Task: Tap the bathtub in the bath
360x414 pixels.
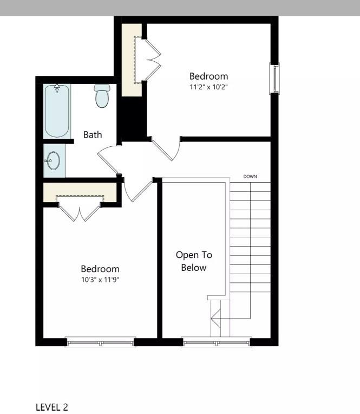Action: (x=57, y=111)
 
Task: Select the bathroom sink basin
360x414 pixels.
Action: (x=53, y=161)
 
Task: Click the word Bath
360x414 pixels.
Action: (x=93, y=135)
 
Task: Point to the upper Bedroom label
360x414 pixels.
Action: (x=208, y=76)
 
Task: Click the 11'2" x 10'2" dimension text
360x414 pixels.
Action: (x=208, y=86)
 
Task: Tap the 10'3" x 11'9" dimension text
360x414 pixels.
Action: (x=100, y=279)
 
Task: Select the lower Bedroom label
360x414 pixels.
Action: (x=100, y=269)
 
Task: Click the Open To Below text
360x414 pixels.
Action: (x=194, y=261)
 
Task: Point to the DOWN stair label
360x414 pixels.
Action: (x=250, y=177)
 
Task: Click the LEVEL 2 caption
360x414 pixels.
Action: (x=52, y=407)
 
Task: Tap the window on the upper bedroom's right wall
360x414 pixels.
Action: (x=275, y=79)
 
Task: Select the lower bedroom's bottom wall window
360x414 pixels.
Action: (x=100, y=341)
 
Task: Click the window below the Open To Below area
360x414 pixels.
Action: (x=216, y=341)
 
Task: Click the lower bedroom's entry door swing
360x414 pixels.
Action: (x=136, y=190)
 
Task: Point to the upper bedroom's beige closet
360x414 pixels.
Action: (x=130, y=60)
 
